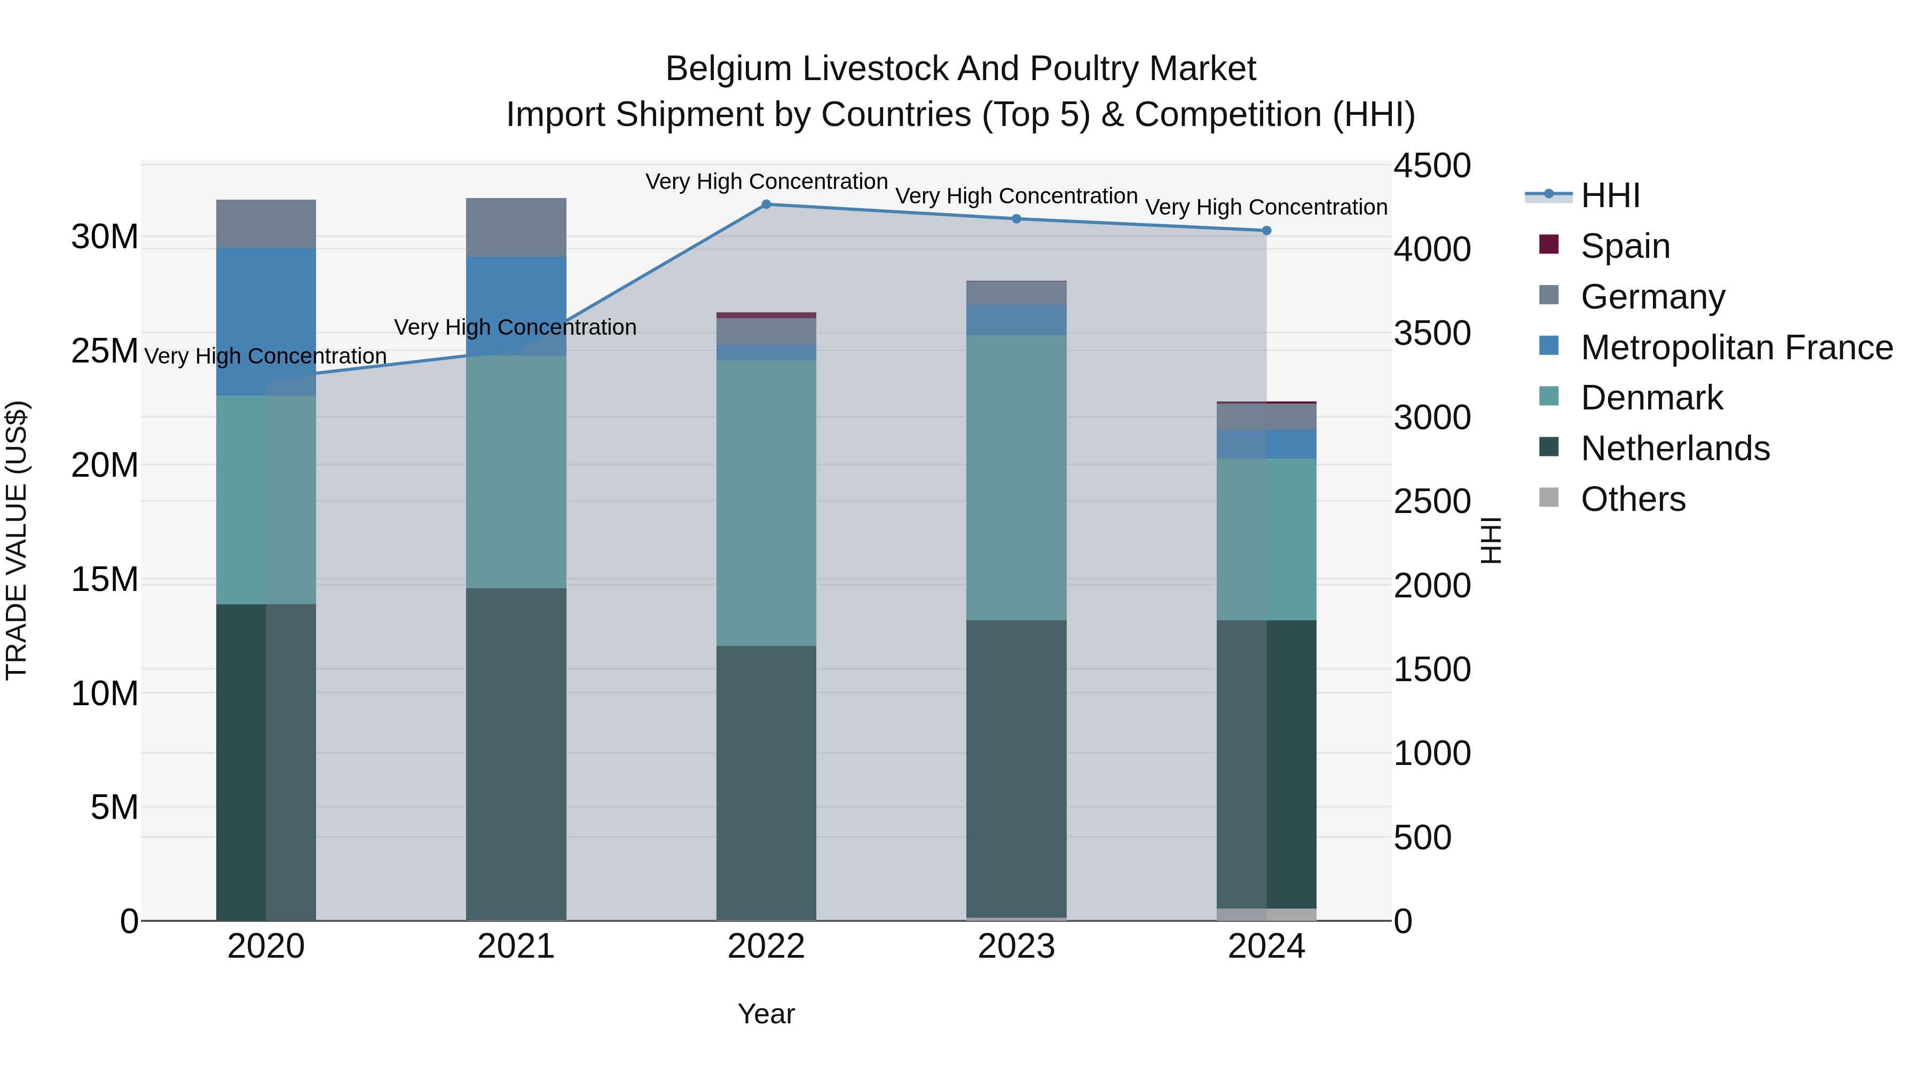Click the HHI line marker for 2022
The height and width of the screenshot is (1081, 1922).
[766, 204]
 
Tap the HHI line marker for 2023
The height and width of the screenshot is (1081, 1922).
[1016, 218]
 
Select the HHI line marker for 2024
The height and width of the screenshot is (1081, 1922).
[1266, 231]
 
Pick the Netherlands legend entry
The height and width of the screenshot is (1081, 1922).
[1674, 448]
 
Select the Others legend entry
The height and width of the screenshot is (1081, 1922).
[1633, 499]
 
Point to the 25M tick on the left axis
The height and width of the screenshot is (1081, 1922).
[105, 351]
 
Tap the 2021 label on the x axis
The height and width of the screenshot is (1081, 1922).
[516, 946]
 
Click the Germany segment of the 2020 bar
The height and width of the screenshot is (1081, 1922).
[266, 224]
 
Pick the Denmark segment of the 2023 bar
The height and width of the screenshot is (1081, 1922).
[1016, 477]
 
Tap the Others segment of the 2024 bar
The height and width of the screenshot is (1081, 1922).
[1266, 914]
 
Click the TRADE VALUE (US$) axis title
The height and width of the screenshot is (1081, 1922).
[17, 540]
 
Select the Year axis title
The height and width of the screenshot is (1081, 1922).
[766, 1014]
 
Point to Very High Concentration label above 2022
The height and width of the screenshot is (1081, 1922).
[766, 182]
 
